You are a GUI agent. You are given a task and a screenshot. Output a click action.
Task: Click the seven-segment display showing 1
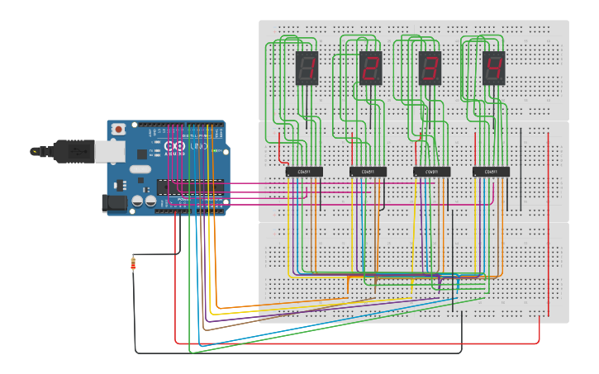[x=307, y=68]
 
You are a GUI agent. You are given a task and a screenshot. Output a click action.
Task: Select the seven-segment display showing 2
[x=370, y=68]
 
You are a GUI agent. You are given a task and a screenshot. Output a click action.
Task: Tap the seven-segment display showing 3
[x=430, y=68]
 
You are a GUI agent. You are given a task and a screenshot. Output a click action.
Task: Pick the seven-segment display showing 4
[x=494, y=68]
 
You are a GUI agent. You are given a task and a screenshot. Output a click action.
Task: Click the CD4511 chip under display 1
[x=304, y=172]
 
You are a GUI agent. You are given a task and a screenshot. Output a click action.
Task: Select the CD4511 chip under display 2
[x=368, y=172]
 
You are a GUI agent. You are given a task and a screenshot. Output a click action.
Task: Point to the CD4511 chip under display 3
[x=431, y=172]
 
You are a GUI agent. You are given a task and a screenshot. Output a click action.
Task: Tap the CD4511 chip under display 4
[x=491, y=172]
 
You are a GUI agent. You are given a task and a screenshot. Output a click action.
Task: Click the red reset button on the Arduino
[x=119, y=130]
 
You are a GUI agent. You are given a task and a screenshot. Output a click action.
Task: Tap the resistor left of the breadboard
[x=134, y=264]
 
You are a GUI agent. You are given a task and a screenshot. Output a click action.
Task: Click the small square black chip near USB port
[x=142, y=154]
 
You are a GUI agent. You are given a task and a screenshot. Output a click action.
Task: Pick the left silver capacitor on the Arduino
[x=138, y=200]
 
